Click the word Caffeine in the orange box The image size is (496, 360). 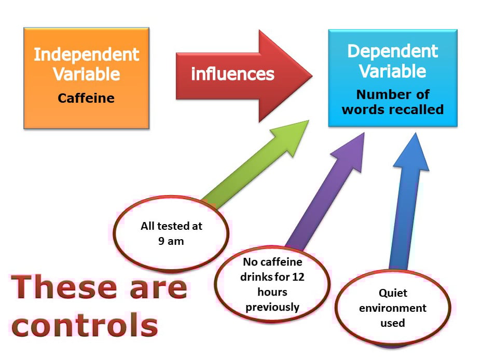86,98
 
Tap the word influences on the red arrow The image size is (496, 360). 232,74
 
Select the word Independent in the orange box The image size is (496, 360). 87,55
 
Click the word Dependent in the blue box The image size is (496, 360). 393,51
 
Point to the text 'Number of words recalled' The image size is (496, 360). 393,102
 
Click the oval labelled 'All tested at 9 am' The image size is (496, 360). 171,233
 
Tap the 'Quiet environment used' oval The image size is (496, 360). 393,308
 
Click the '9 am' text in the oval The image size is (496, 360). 171,241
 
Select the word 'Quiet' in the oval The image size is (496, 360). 393,293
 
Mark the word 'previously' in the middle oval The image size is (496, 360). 272,307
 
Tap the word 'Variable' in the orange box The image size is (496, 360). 87,74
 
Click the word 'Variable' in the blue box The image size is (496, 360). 393,71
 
